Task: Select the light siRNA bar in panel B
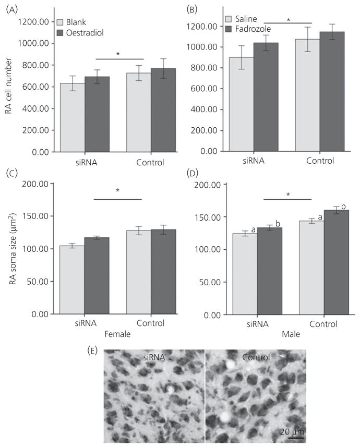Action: [x=242, y=104]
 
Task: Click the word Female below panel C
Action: [x=119, y=333]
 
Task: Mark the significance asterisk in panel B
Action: [x=289, y=20]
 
